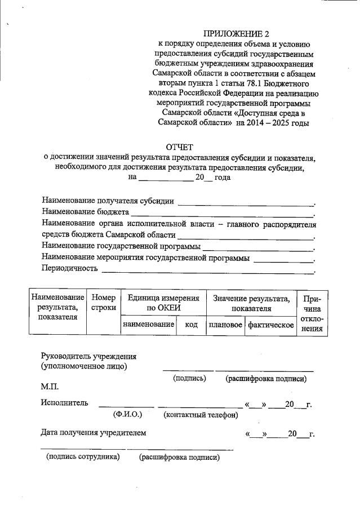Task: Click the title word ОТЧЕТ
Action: click(179, 148)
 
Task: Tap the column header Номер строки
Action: click(103, 303)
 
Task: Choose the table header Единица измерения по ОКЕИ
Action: click(163, 303)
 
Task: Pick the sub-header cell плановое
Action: click(225, 326)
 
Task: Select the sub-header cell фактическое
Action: click(271, 326)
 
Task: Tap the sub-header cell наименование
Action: click(148, 326)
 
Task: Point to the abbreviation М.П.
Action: click(50, 388)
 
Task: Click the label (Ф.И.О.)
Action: click(127, 414)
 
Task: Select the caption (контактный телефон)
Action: click(200, 415)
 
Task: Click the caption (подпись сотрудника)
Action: click(83, 457)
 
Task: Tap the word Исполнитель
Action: click(64, 403)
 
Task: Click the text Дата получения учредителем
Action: click(94, 433)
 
